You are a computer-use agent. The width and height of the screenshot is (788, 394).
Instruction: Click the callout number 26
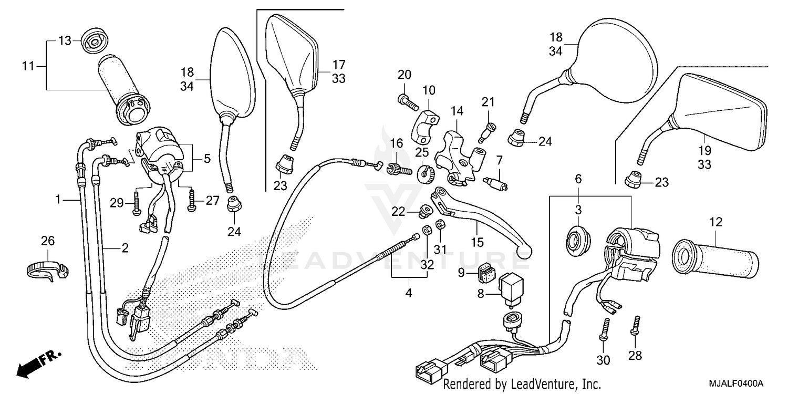(48, 241)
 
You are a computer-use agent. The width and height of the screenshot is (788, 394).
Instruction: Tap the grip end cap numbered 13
(95, 39)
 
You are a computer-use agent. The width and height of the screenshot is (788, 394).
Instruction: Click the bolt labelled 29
(137, 202)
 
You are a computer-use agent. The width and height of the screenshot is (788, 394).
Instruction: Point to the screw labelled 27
(191, 201)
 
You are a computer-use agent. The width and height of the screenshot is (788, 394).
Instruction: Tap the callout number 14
(457, 111)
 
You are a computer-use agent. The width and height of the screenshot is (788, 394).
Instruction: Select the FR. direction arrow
(37, 362)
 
